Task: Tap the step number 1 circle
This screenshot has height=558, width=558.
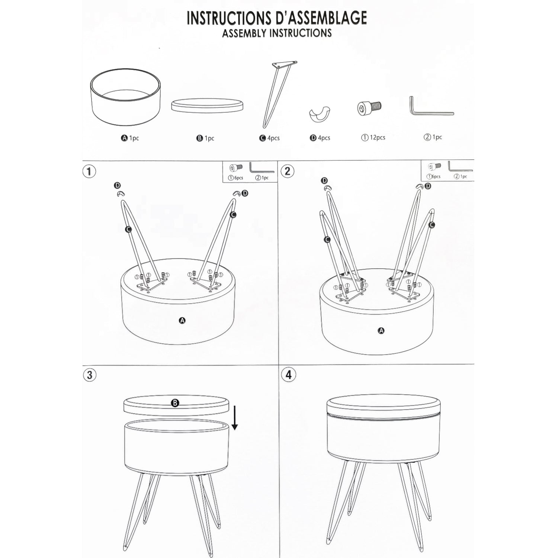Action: pos(89,171)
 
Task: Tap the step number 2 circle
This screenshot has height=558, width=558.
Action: pos(288,171)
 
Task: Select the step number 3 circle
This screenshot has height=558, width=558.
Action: pos(89,375)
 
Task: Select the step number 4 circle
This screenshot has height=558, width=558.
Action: pos(289,375)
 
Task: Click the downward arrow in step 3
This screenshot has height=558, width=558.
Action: pos(234,418)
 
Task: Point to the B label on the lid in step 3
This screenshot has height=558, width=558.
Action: pos(175,403)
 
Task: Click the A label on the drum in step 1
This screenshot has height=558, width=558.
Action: pos(182,320)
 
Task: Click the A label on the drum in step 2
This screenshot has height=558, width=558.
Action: pos(381,330)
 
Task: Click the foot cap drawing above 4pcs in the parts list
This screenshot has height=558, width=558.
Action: pos(320,115)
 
